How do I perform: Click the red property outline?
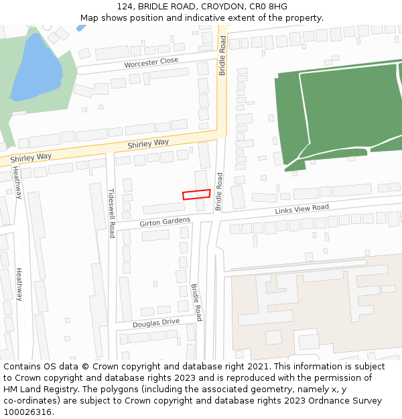coord(196,194)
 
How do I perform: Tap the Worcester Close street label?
coord(151,62)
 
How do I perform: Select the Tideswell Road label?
coord(112,212)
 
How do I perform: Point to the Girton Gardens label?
coord(165,221)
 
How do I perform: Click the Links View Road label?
coord(301,210)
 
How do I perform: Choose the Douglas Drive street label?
coord(156,322)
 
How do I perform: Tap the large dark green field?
coord(342,107)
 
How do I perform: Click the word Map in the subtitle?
coord(90,18)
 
